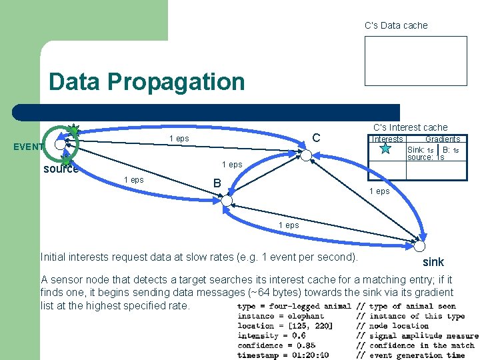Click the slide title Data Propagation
click(x=147, y=82)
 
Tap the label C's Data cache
click(x=396, y=25)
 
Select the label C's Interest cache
click(x=410, y=127)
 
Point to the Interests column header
click(x=387, y=139)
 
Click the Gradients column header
click(x=443, y=139)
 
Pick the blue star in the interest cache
click(x=385, y=149)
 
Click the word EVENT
click(x=28, y=147)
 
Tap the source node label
click(x=61, y=169)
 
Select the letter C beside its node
click(x=317, y=138)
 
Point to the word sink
click(x=433, y=261)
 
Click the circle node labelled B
click(x=227, y=200)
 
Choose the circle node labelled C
click(x=305, y=155)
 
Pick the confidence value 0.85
click(x=307, y=345)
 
